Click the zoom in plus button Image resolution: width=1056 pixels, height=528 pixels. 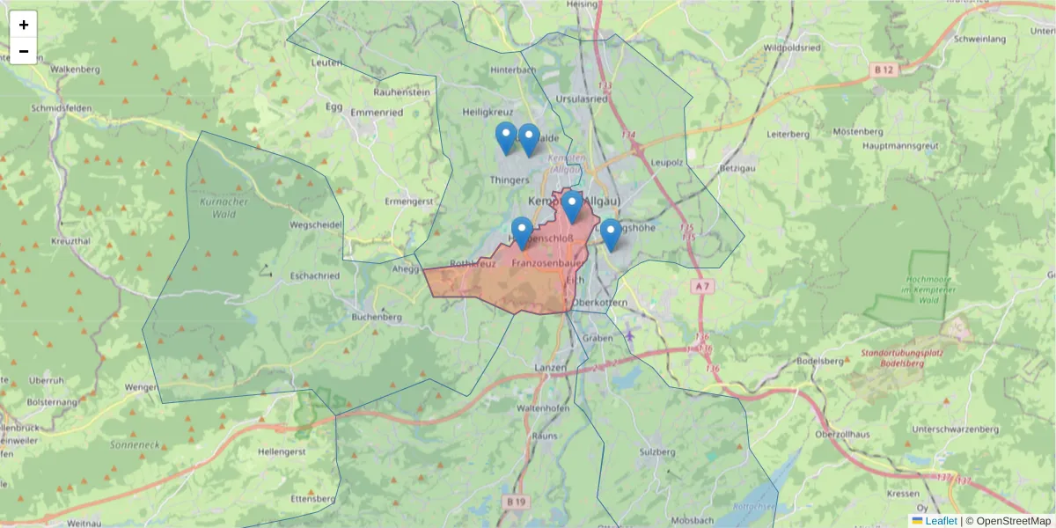coord(24,25)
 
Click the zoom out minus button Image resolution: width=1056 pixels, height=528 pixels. coord(24,51)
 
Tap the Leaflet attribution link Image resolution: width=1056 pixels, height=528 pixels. coord(940,521)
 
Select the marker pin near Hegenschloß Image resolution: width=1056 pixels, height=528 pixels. coord(522,233)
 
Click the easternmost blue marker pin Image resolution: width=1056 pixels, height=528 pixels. coord(611,235)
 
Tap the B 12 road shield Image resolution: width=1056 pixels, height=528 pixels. coord(885,70)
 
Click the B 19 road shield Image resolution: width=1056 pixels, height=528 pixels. coord(517,502)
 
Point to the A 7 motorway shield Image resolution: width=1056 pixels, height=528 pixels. coord(701,287)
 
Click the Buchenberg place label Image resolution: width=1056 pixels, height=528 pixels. coord(376,317)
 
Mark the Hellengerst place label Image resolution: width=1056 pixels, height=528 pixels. coord(281,451)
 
